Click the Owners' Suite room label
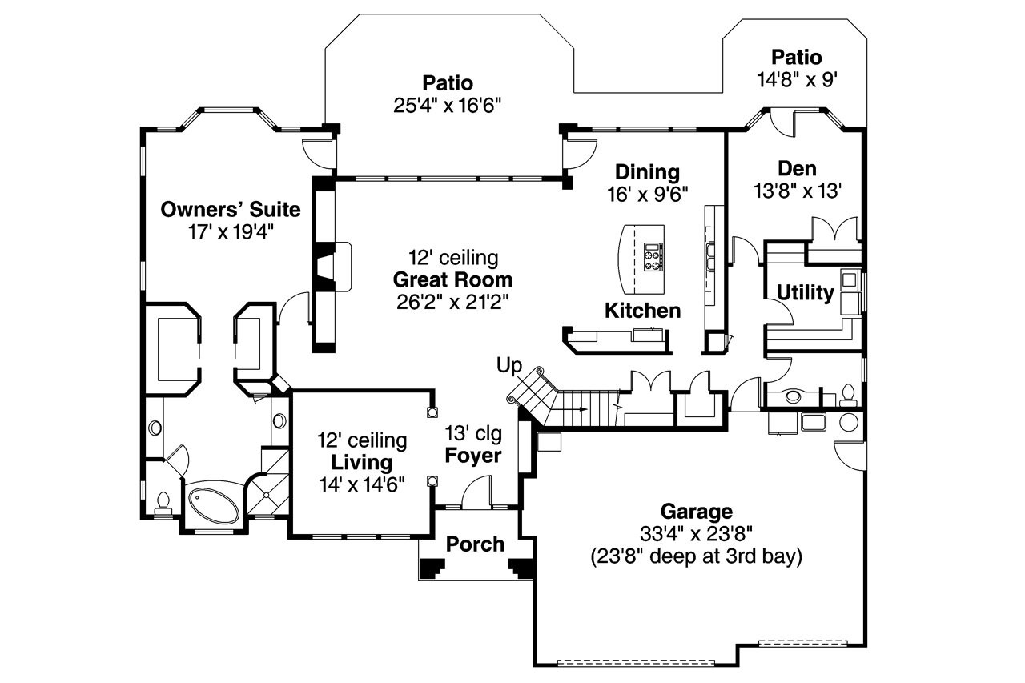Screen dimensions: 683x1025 pos(231,210)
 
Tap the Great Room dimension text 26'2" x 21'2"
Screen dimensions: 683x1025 pos(452,302)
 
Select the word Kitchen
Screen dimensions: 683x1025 pos(642,311)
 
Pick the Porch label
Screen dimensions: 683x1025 pos(475,544)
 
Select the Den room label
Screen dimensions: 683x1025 pos(798,169)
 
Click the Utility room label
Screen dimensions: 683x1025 pos(805,293)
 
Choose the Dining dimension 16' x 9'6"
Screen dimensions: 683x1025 pos(648,193)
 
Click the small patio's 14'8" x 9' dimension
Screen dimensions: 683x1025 pos(797,79)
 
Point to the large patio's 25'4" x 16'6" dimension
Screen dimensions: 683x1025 pos(448,105)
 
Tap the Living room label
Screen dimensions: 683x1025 pos(362,463)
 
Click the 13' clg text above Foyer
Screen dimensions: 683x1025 pos(474,434)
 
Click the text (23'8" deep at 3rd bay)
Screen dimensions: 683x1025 pos(695,556)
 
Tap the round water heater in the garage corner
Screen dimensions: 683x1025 pos(848,423)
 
